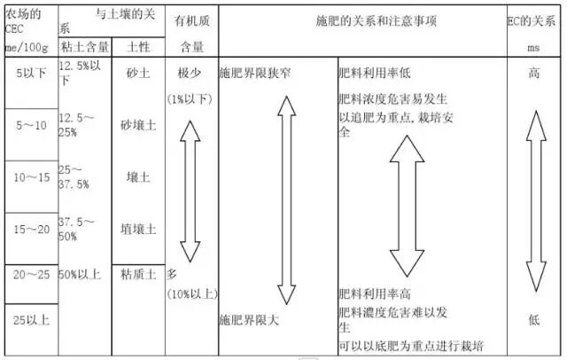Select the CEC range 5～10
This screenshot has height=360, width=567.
coord(30,126)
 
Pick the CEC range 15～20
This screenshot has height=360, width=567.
coord(30,230)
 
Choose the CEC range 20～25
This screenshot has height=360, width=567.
coord(30,275)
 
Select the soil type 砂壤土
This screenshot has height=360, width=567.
coord(137,126)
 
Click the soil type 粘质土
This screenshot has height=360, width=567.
coord(137,274)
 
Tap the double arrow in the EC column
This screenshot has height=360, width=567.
coord(534,200)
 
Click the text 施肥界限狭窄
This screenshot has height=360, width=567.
coord(257,74)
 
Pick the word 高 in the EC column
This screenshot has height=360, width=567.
coord(534,74)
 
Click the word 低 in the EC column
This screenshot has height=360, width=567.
coord(534,318)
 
